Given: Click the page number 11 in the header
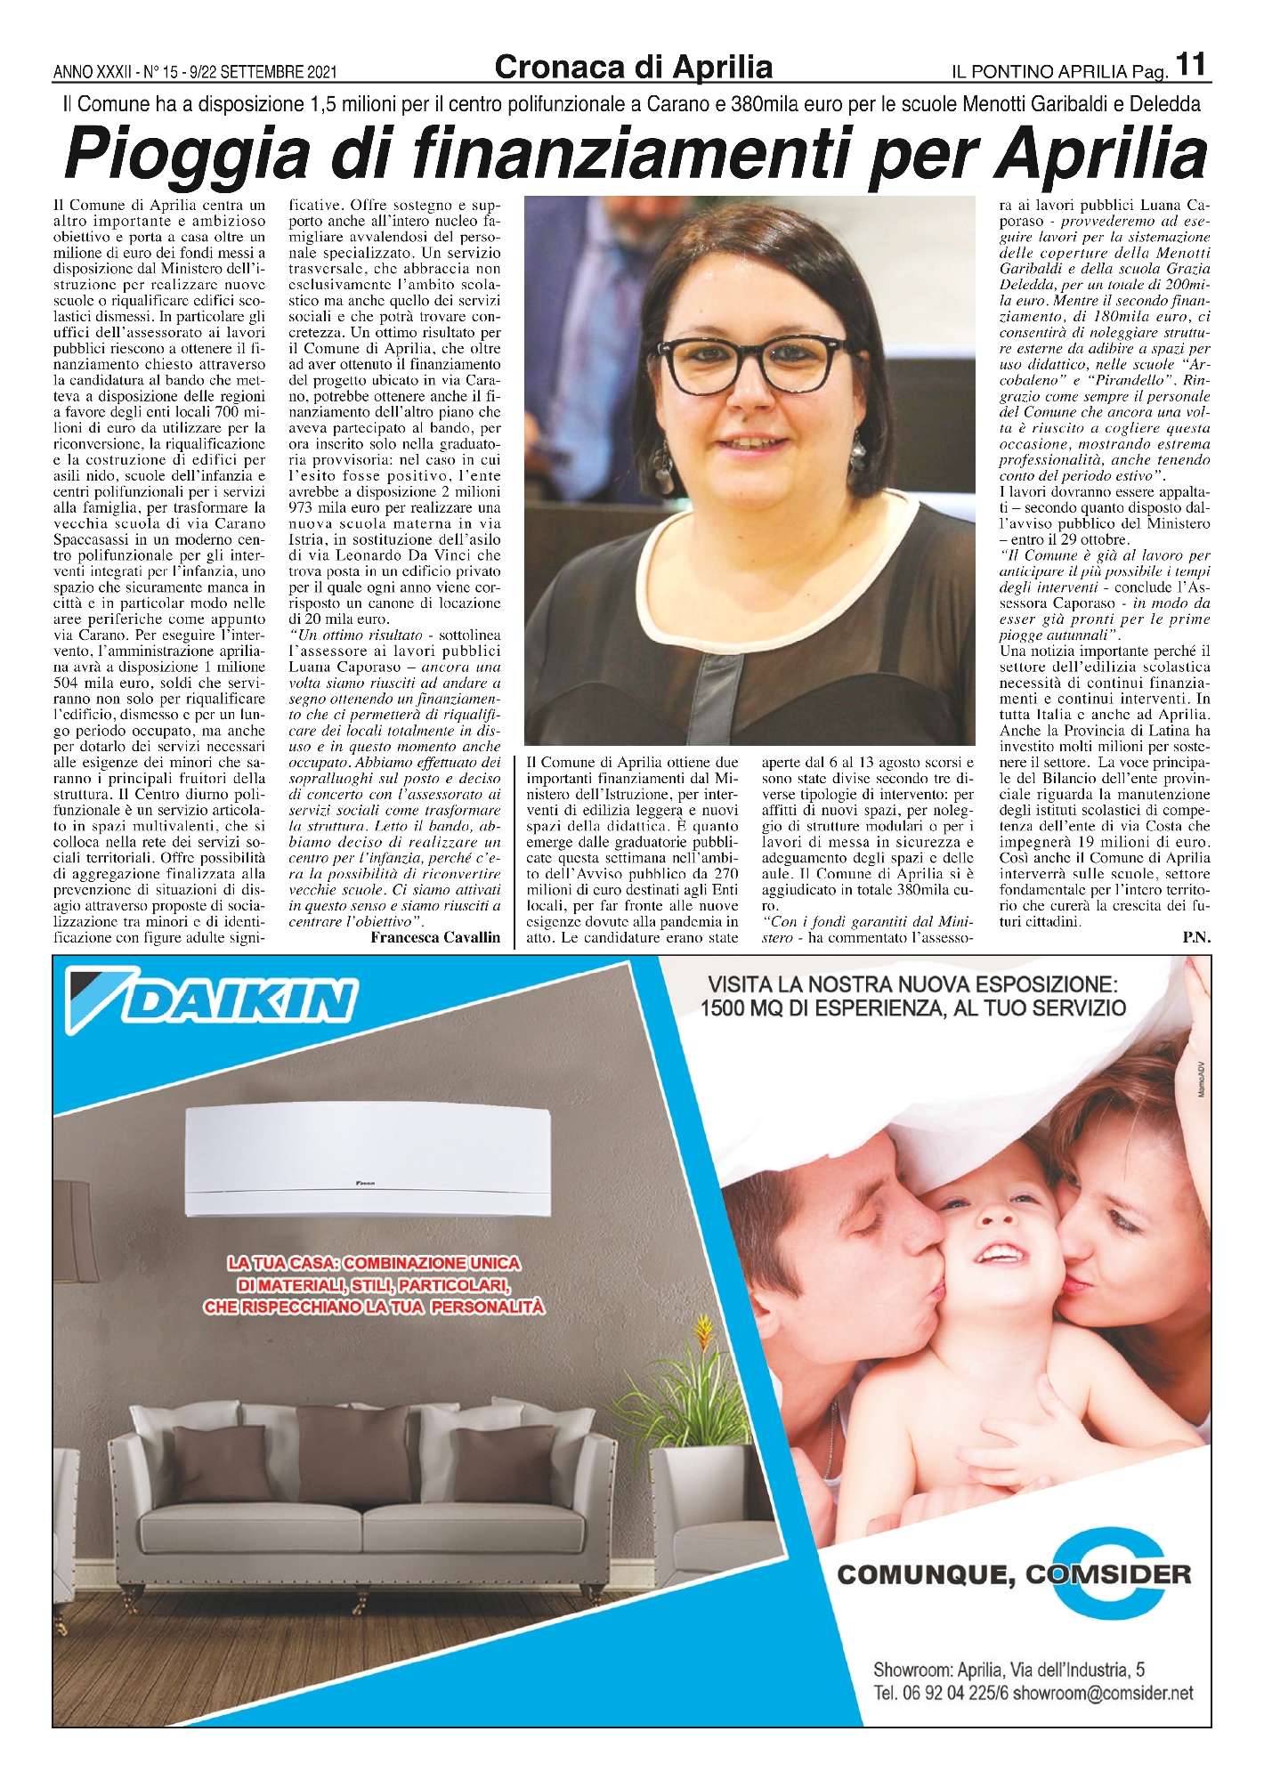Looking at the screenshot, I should point(1191,65).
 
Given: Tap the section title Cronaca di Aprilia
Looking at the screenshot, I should point(633,67).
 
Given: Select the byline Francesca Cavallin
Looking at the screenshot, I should point(435,937).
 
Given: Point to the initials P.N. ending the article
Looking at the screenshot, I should point(1196,937).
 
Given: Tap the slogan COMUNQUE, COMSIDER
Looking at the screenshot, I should point(1014,1574).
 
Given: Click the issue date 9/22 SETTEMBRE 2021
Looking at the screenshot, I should point(271,71).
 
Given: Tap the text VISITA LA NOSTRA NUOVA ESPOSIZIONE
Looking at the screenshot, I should point(912,985).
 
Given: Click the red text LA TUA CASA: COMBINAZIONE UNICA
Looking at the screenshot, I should point(374,1263).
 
